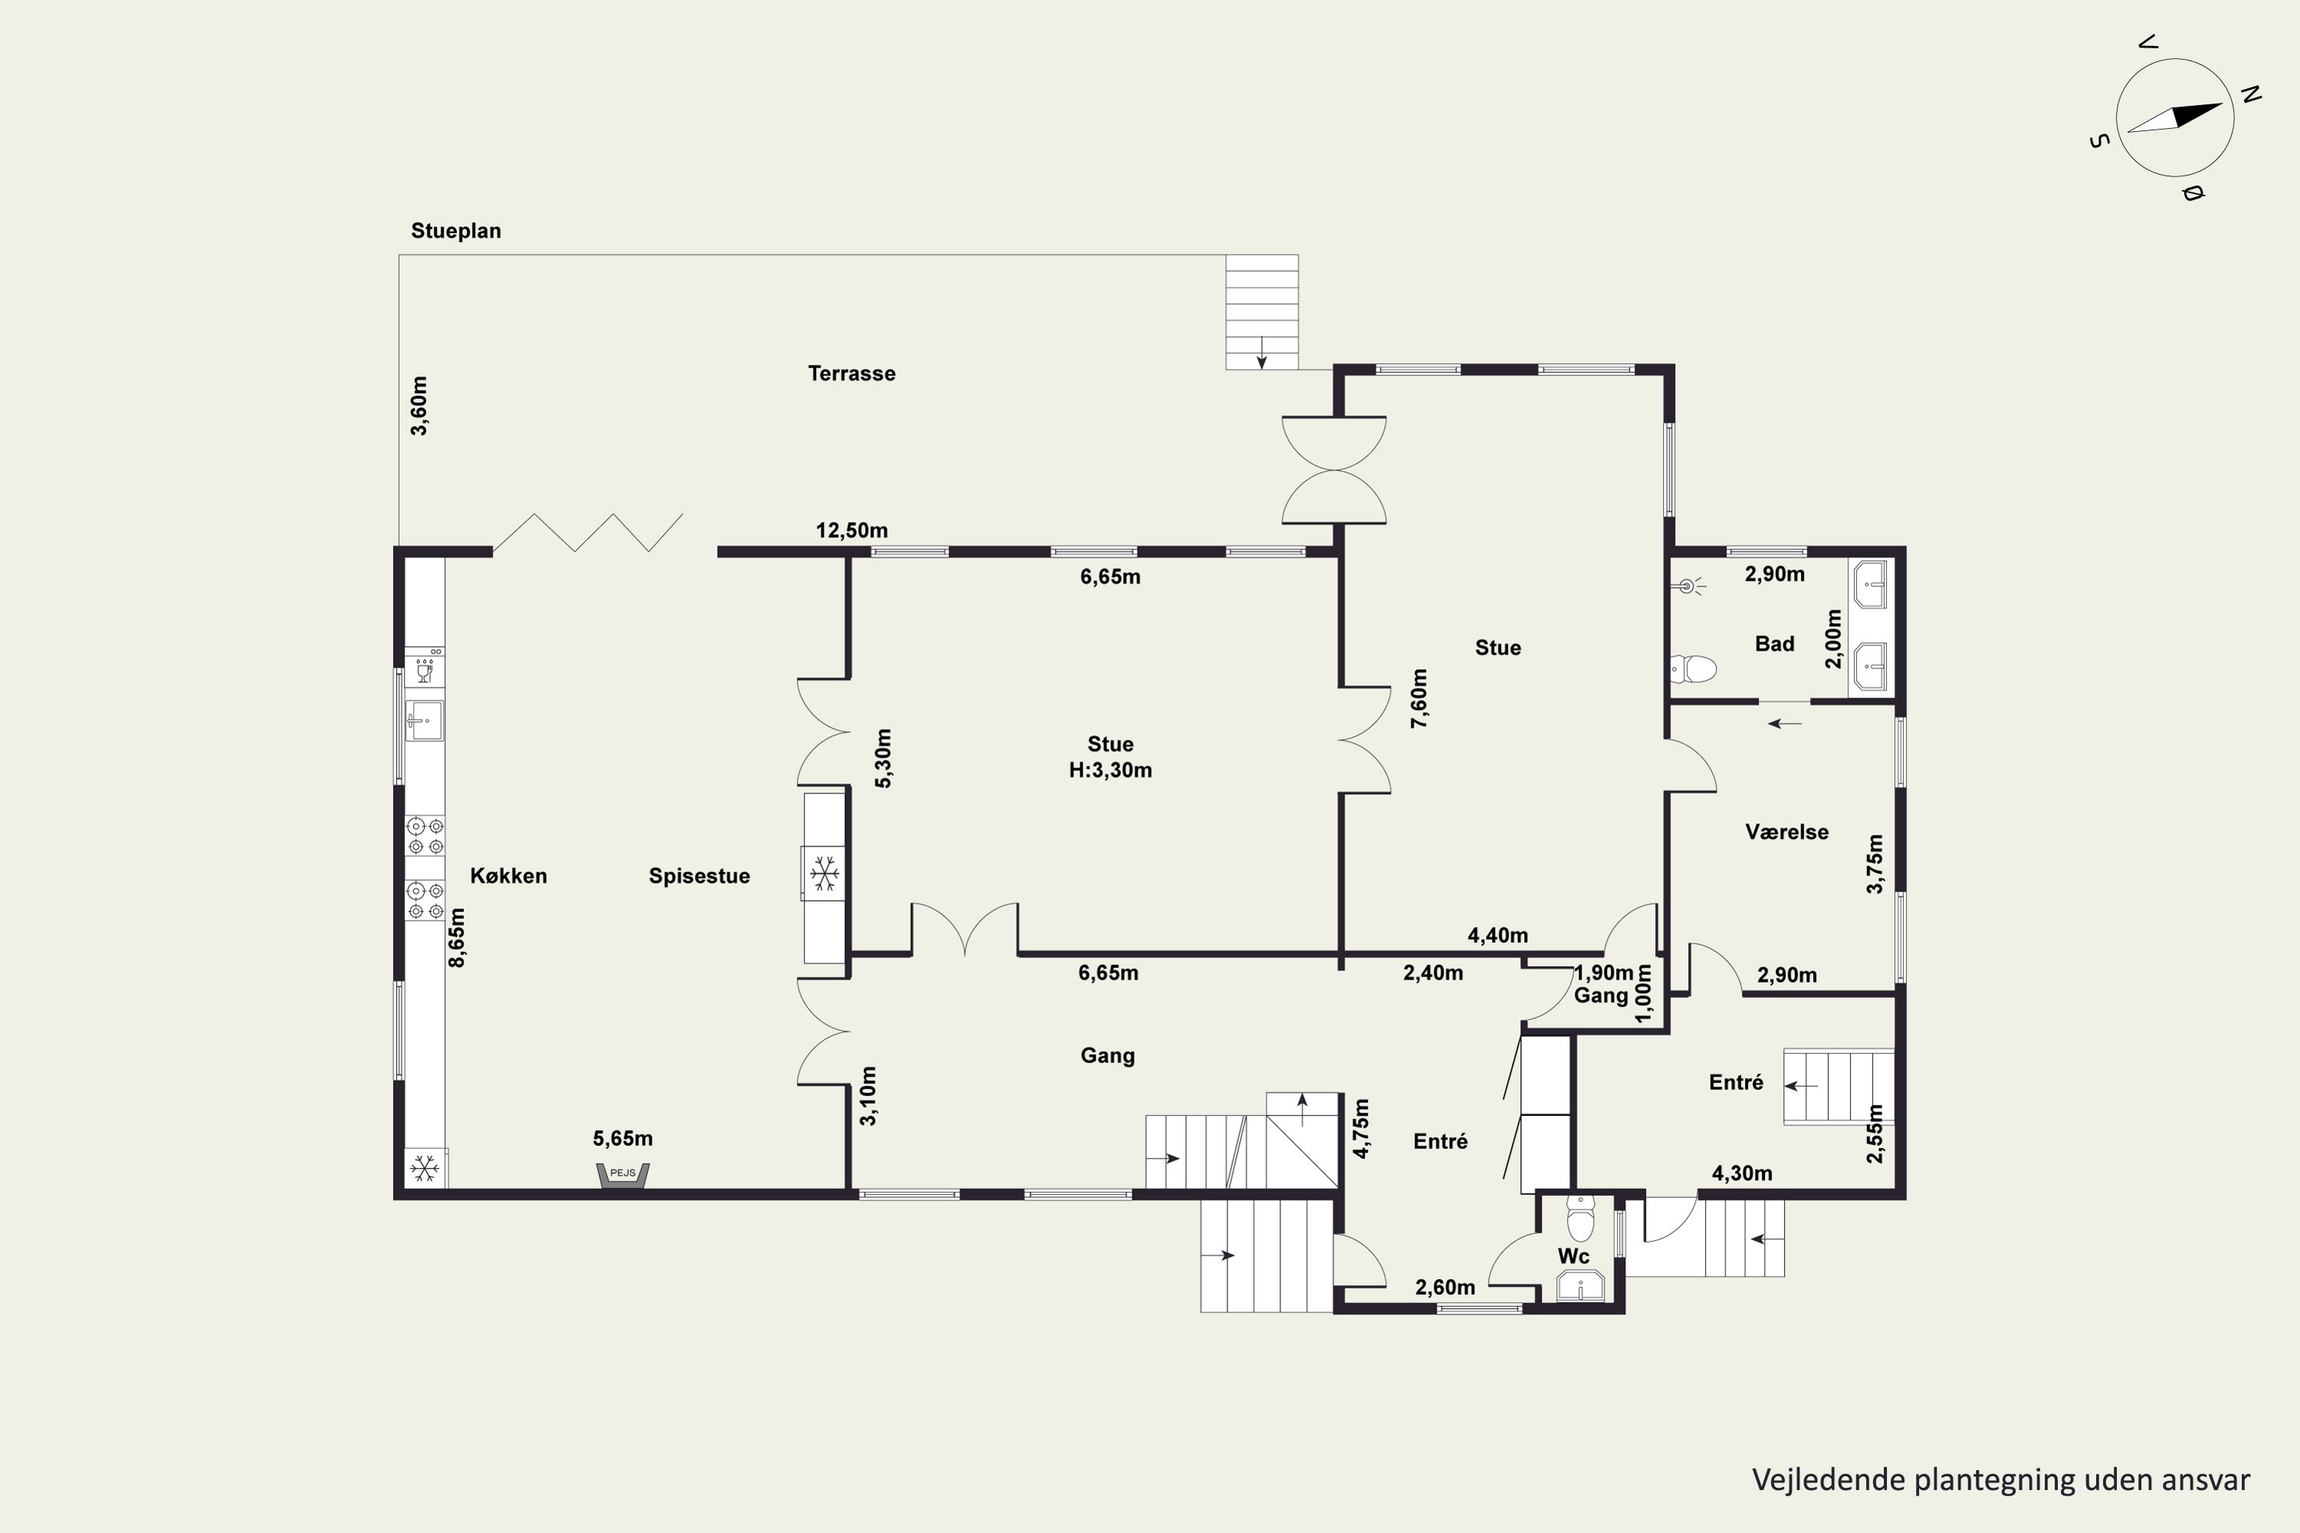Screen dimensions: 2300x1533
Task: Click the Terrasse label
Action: tap(851, 373)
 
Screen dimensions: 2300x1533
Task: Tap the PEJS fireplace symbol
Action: tap(623, 1175)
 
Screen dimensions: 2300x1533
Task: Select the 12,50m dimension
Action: tap(852, 531)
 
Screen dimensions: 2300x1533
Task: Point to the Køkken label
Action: tap(508, 876)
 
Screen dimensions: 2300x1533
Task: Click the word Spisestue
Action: tap(699, 876)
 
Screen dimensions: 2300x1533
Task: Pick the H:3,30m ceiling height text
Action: tap(1110, 770)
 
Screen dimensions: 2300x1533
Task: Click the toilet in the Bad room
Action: tap(1694, 668)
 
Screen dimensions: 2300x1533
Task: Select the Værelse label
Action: tap(1786, 832)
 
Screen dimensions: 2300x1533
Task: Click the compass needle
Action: tap(2175, 118)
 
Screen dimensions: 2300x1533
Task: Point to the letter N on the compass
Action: tap(2251, 95)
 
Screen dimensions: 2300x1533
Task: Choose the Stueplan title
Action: tap(455, 231)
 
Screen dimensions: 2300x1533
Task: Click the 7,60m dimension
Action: tap(1419, 698)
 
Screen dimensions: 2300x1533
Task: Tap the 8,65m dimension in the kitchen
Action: tap(457, 937)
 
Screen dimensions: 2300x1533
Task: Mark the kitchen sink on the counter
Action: tap(425, 721)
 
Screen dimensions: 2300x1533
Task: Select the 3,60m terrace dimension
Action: tap(419, 405)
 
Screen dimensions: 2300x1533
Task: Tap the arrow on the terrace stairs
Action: tap(1261, 353)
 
